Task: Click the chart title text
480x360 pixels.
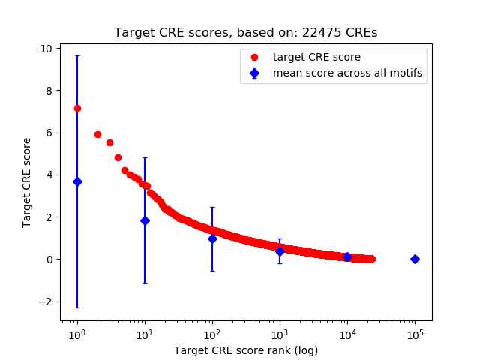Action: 245,33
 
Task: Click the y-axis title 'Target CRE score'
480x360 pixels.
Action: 27,182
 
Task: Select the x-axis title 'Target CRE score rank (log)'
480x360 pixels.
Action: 245,350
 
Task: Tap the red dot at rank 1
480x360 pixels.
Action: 77,108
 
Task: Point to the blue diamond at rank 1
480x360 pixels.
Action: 77,182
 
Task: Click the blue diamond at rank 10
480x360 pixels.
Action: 145,220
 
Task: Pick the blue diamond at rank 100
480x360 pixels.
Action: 212,238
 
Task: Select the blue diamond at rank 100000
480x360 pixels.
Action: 415,259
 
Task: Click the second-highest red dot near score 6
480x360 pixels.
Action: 97,134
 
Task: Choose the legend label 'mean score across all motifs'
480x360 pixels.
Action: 346,73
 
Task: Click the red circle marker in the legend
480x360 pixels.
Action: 256,57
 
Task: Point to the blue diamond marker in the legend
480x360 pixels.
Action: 256,73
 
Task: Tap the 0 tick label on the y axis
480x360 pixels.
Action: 49,259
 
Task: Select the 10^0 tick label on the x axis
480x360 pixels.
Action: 76,333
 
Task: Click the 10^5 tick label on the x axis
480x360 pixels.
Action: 414,333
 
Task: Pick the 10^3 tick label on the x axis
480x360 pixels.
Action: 279,333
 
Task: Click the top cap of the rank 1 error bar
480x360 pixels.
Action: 77,56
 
